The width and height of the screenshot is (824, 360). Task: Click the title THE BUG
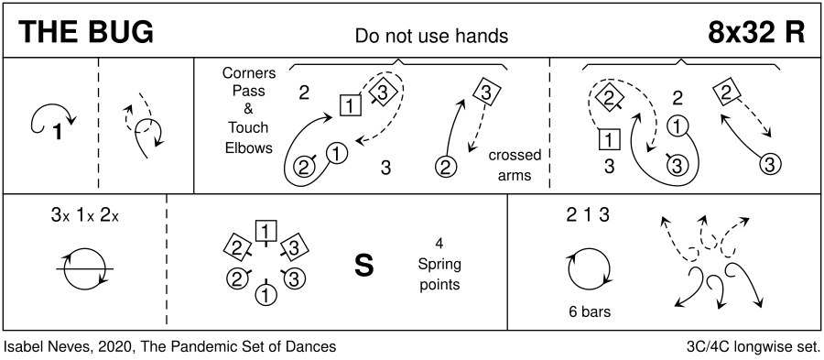pos(86,33)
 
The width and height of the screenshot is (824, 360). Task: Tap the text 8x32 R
pos(756,33)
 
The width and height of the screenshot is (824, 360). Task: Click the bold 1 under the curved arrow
pos(58,132)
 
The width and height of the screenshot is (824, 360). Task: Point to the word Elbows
pos(248,147)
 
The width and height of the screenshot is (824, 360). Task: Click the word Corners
pos(248,73)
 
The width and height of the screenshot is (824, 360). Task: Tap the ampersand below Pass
pos(248,109)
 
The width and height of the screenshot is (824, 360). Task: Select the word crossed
pos(515,156)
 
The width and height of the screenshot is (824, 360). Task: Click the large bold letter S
pos(364,266)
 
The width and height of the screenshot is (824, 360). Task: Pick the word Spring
pos(439,264)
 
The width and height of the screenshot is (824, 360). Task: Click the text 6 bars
pos(590,311)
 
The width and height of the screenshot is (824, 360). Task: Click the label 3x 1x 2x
pos(85,215)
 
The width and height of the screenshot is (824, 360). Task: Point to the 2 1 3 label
pos(588,215)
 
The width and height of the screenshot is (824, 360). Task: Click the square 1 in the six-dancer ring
pos(266,231)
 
